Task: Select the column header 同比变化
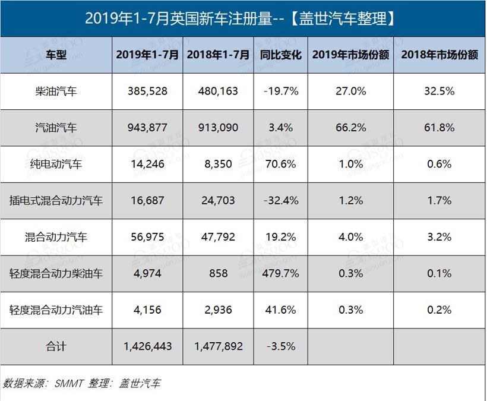coord(282,55)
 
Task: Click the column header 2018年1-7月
coord(218,55)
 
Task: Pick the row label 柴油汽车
coord(56,91)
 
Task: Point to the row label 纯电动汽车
coord(56,164)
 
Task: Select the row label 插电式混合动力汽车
coord(56,201)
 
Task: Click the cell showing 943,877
coord(147,128)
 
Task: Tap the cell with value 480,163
coord(218,91)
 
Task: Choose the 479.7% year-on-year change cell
coord(282,273)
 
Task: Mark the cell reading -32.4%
coord(282,201)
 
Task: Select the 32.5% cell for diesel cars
coord(439,91)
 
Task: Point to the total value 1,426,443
coord(147,346)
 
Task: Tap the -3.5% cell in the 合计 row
coord(282,346)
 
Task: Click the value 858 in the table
coord(218,273)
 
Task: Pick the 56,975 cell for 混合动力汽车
coord(147,237)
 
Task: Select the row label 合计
coord(56,346)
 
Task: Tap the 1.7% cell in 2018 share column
coord(439,201)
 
